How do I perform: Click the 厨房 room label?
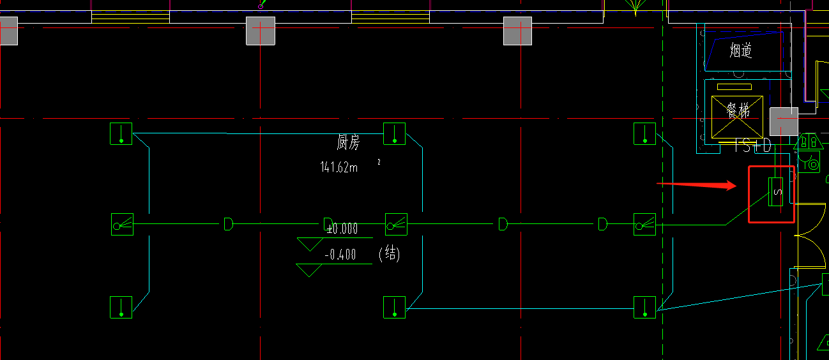[x=348, y=142]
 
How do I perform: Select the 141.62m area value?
[x=339, y=167]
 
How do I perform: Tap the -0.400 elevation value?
[x=340, y=255]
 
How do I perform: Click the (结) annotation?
[x=390, y=255]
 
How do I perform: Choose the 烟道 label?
[x=741, y=50]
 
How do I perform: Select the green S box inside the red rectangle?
[x=775, y=191]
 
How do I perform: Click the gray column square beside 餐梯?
[x=784, y=121]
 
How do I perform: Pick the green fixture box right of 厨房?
[x=394, y=134]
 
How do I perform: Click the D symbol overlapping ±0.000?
[x=328, y=224]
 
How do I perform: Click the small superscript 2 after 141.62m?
[x=379, y=162]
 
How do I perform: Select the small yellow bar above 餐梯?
[x=734, y=87]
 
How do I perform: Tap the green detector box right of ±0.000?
[x=396, y=225]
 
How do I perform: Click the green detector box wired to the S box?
[x=644, y=225]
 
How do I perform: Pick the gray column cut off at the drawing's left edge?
[x=8, y=31]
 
